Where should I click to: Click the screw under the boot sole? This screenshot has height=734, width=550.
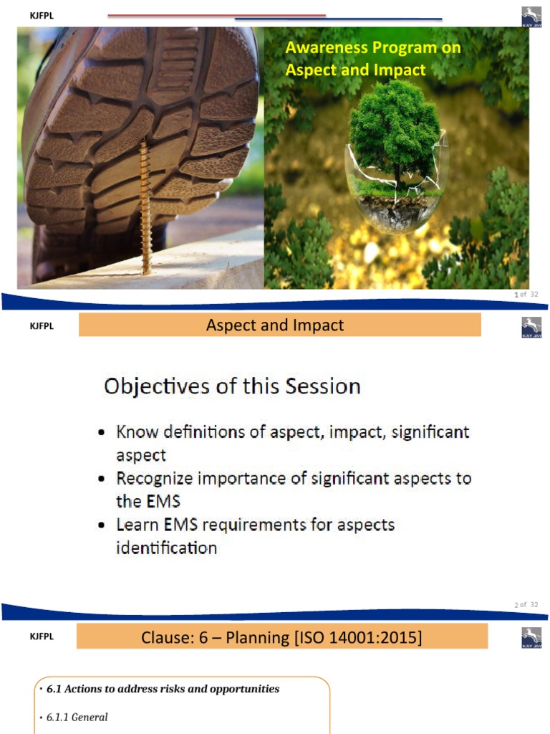pyautogui.click(x=145, y=208)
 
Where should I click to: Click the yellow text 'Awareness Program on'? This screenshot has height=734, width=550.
pyautogui.click(x=372, y=48)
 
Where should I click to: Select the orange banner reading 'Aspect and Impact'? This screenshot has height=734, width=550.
pyautogui.click(x=279, y=325)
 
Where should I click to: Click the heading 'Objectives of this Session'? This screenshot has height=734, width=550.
pyautogui.click(x=232, y=386)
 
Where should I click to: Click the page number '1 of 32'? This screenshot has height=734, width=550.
pyautogui.click(x=526, y=295)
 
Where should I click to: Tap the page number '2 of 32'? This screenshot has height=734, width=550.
pyautogui.click(x=526, y=604)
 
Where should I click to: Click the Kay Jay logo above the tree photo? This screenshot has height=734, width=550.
pyautogui.click(x=531, y=16)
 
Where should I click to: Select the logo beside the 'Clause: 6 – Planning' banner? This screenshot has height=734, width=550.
pyautogui.click(x=531, y=637)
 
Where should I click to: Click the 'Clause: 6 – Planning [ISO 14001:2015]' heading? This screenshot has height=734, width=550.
pyautogui.click(x=281, y=637)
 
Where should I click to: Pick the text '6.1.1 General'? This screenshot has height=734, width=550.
pyautogui.click(x=77, y=717)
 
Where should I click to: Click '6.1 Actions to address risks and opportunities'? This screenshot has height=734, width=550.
pyautogui.click(x=163, y=689)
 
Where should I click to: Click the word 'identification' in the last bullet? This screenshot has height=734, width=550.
pyautogui.click(x=166, y=548)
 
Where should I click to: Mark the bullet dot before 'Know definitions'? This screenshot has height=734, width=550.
pyautogui.click(x=104, y=434)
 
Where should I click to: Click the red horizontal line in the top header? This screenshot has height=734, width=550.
pyautogui.click(x=215, y=15)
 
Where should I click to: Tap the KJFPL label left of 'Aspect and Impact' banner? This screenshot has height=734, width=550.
pyautogui.click(x=42, y=326)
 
